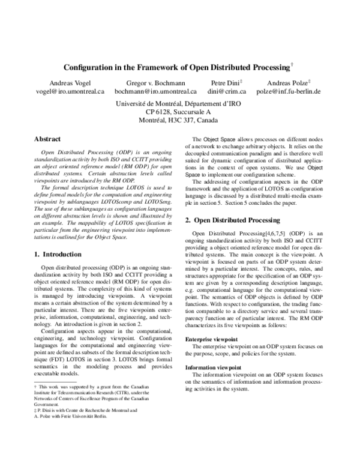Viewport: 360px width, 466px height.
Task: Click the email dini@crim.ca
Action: tap(225, 92)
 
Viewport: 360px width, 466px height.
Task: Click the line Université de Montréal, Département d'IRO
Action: tap(178, 104)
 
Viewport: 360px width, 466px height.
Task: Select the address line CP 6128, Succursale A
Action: tap(178, 112)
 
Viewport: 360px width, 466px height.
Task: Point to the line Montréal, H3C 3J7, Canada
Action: tap(178, 121)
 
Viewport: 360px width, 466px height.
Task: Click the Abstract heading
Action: tap(47, 139)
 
